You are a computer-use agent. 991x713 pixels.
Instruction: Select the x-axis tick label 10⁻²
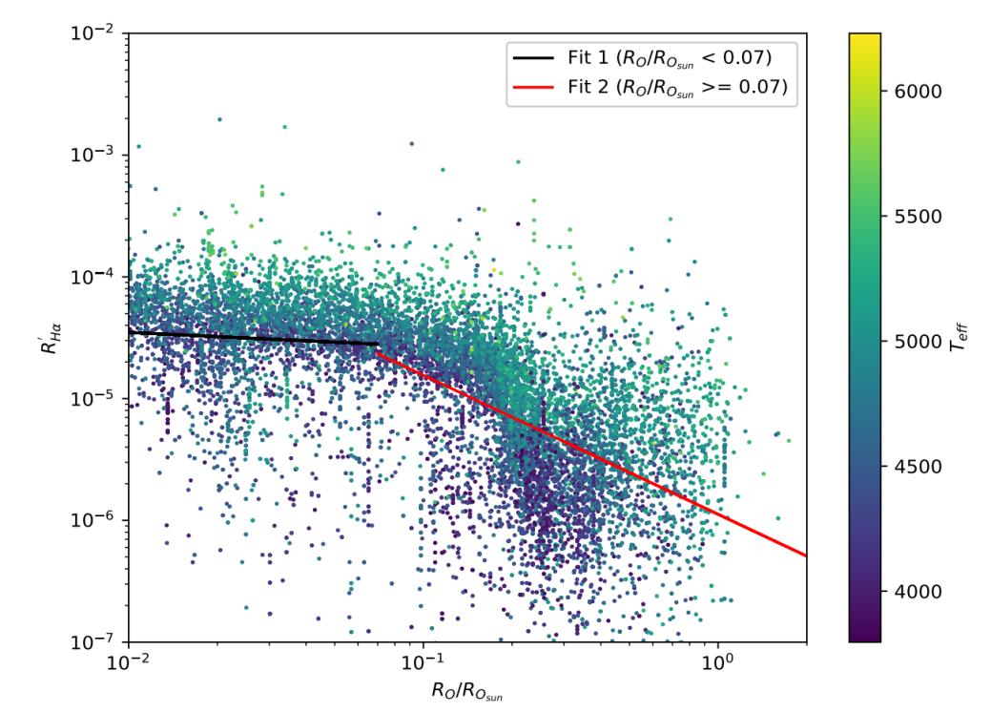pyautogui.click(x=128, y=661)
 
